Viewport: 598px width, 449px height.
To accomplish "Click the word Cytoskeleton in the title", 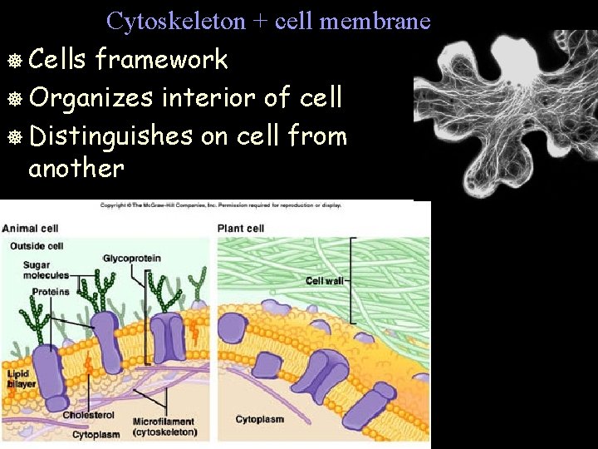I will click(x=177, y=21).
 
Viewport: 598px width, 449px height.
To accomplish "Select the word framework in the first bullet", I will click(x=161, y=60).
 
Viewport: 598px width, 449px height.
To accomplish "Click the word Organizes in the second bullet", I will click(x=91, y=97).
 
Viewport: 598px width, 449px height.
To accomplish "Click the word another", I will click(x=76, y=169).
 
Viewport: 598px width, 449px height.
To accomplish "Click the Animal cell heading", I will click(x=30, y=229).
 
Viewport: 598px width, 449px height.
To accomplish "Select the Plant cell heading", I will click(x=241, y=229).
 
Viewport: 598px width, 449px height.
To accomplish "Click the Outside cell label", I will click(x=37, y=246).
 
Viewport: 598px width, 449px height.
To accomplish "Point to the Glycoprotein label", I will click(x=130, y=259).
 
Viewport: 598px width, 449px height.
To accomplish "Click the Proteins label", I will click(x=51, y=292).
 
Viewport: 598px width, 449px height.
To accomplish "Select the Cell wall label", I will click(x=324, y=281).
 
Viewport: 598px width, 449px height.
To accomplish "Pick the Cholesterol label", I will click(x=87, y=415).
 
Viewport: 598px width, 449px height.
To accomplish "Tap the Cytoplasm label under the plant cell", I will click(x=260, y=420).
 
